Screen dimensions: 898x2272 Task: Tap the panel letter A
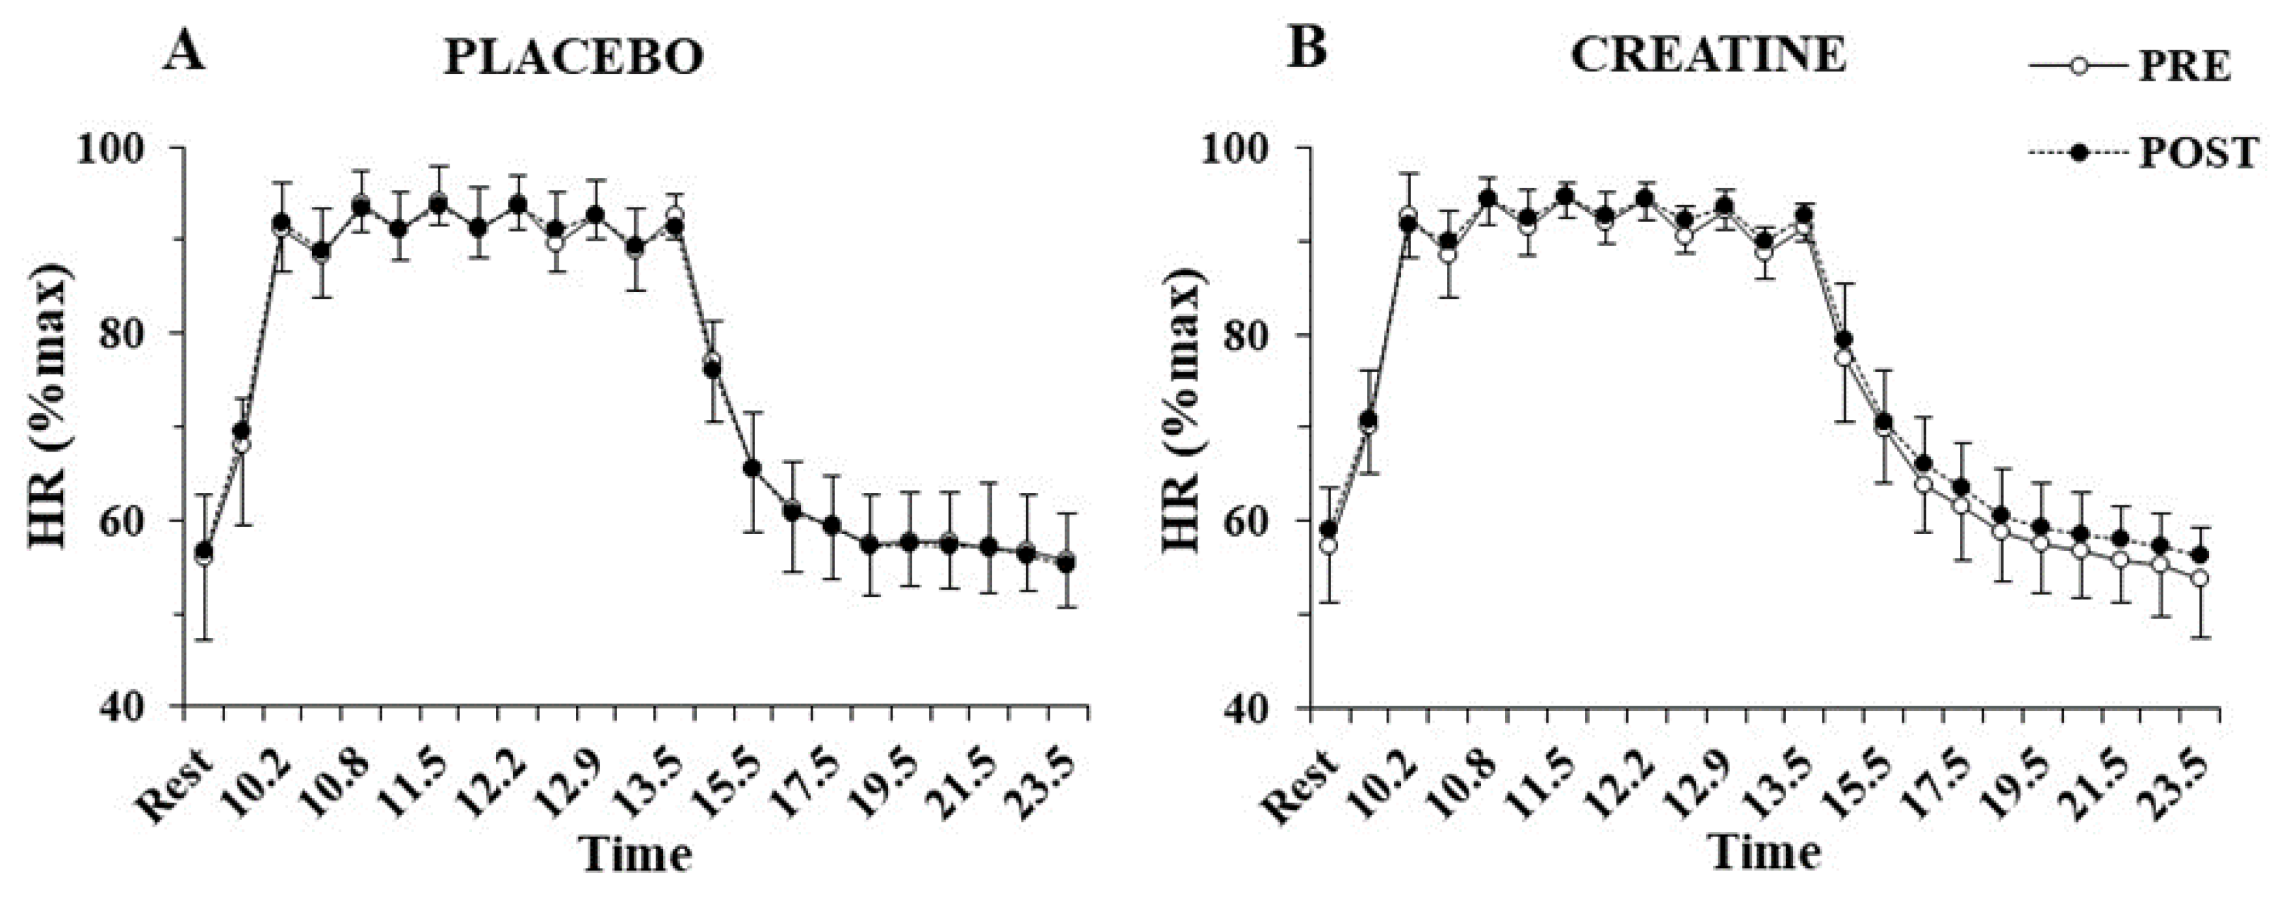(187, 50)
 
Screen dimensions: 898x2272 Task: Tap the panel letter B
(1308, 50)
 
